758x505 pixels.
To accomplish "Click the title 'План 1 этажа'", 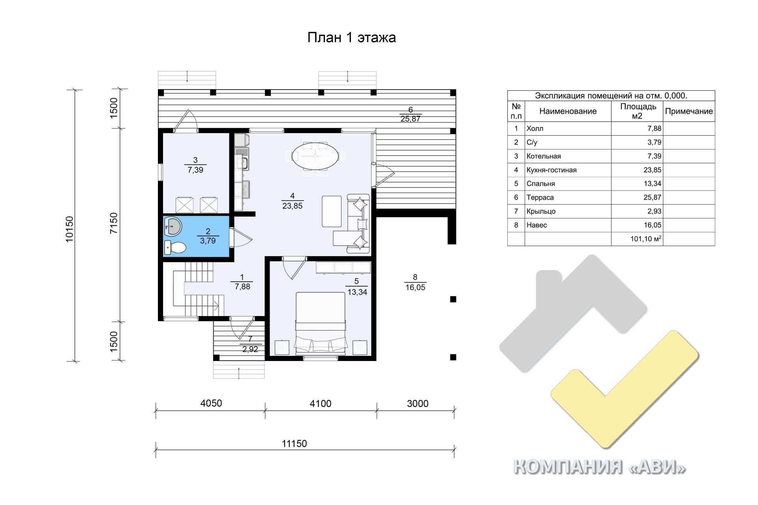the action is pos(351,37).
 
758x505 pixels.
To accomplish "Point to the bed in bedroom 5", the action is pos(321,322).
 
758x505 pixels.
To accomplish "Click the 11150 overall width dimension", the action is pos(294,443).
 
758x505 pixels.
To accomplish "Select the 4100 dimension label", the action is pos(321,404).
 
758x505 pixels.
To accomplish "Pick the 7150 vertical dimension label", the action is pos(114,223).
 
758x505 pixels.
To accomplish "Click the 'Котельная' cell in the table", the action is pos(544,156).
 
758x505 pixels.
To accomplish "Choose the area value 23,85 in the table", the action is pos(652,170).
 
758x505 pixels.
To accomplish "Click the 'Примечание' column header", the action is pos(689,111).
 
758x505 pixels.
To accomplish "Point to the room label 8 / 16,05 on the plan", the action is pos(415,282).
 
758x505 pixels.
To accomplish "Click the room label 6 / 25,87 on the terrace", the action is pos(411,114).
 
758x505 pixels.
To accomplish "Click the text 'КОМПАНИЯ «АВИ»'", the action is pos(600,468).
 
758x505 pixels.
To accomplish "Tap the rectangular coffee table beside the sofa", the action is pos(332,211).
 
